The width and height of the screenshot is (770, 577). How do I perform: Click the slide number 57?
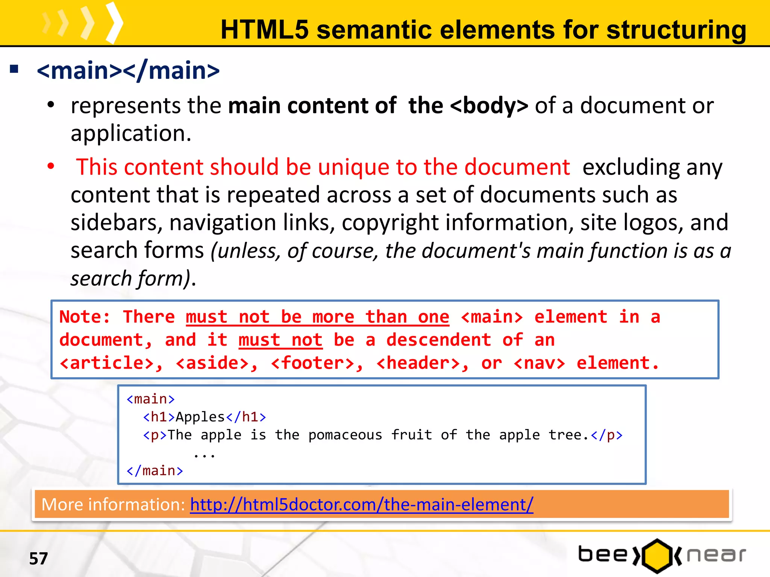(38, 559)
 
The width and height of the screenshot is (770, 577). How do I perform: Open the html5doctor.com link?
(361, 504)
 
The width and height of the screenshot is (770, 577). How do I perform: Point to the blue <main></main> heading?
(128, 71)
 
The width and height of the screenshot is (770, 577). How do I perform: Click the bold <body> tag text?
(489, 106)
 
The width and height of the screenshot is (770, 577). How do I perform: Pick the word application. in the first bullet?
(131, 133)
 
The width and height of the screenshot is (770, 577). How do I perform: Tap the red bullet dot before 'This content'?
(51, 166)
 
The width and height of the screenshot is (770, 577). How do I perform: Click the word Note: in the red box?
(85, 317)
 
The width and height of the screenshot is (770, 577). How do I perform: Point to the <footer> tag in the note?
(317, 363)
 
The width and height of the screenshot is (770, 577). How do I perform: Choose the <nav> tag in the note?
(539, 363)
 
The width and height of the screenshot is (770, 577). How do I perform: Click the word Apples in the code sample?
(200, 417)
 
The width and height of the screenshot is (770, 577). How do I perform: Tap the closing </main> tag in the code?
(155, 471)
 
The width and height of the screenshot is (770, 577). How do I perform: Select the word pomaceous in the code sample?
(345, 435)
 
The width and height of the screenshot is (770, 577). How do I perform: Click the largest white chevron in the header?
(114, 23)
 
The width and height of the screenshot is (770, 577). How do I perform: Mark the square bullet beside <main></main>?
(14, 69)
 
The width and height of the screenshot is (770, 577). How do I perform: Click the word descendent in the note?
(438, 340)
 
